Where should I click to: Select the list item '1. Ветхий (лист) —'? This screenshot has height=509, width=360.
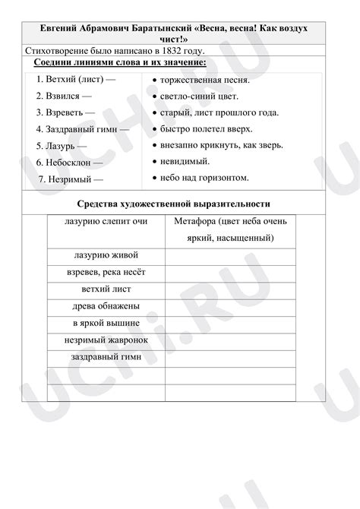tap(76, 79)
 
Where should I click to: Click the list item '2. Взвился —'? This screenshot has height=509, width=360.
tap(64, 96)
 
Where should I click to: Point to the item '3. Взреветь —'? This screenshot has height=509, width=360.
tap(65, 112)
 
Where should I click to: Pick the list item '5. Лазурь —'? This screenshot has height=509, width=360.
tap(62, 146)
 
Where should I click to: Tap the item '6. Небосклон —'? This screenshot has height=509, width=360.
tap(70, 163)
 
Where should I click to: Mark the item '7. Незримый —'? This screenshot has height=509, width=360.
tap(71, 179)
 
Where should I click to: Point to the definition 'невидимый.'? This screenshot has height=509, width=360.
tap(185, 161)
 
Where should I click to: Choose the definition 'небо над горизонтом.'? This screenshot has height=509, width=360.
tap(204, 178)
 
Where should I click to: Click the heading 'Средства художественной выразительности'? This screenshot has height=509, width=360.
tap(174, 204)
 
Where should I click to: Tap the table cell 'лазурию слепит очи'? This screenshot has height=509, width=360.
tap(106, 222)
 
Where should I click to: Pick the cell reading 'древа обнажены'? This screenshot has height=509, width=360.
tap(106, 306)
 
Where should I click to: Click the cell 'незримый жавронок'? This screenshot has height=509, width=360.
tap(106, 340)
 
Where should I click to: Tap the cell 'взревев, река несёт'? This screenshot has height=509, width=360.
tap(106, 273)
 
